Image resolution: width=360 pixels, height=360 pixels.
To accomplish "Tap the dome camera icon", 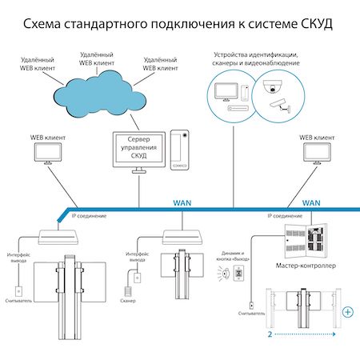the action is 272,86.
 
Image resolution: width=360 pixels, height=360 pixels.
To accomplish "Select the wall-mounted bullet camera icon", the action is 280,105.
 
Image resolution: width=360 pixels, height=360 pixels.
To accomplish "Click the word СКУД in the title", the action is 317,24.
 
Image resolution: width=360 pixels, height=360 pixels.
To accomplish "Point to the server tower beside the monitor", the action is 180,150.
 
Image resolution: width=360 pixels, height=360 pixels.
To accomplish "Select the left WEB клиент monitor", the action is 48,154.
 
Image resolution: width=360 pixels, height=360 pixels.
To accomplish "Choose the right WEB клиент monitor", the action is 317,154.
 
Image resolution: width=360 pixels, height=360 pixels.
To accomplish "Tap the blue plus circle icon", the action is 348,312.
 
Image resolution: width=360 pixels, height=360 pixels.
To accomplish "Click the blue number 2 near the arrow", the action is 270,334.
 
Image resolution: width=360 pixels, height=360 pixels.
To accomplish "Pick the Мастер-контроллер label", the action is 306,266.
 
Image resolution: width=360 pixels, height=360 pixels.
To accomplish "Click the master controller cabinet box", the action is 306,241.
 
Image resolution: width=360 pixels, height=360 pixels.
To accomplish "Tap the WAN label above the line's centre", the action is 182,203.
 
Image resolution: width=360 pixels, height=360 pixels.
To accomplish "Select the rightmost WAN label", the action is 311,203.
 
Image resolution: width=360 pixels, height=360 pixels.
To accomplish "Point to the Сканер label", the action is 128,301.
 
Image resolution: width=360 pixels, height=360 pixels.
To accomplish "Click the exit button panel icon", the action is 238,273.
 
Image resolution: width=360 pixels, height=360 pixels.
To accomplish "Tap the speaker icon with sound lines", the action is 223,274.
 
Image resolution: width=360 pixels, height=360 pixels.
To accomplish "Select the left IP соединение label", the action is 89,216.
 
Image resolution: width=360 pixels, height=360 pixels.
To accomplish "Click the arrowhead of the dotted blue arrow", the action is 334,334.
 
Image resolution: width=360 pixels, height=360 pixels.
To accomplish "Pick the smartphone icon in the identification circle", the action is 245,93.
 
